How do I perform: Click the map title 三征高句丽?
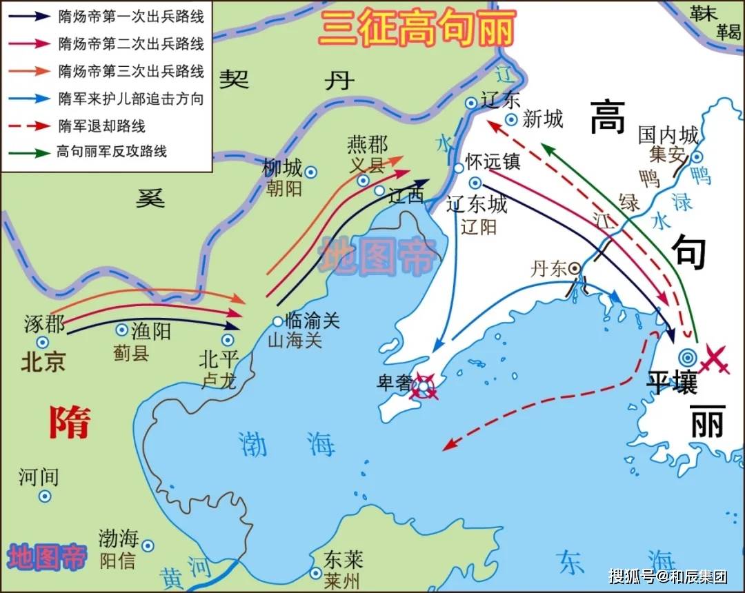point(417,29)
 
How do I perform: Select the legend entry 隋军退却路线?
point(102,126)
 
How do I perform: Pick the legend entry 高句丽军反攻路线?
point(112,152)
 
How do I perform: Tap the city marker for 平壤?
point(687,356)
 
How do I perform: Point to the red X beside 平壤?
point(715,359)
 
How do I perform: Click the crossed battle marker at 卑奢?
point(423,387)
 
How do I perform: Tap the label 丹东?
point(548,269)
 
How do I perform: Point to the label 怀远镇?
point(493,161)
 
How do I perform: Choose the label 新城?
point(543,119)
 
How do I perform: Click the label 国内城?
point(668,134)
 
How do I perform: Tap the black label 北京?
point(43,362)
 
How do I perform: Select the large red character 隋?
point(69,422)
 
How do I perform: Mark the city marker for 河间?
point(45,496)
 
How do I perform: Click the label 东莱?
point(345,559)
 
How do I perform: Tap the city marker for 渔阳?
point(122,330)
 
